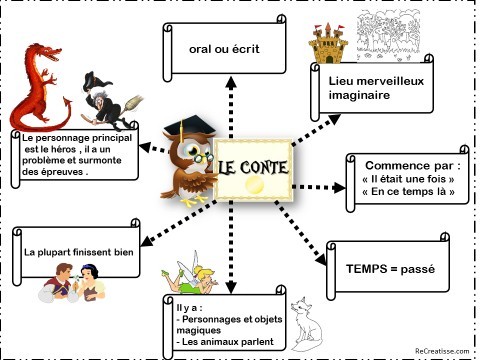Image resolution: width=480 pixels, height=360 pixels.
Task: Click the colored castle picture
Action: [x=327, y=45]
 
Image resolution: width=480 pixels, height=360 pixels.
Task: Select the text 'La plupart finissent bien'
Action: [x=79, y=252]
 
